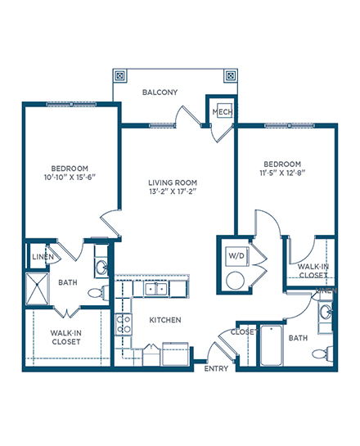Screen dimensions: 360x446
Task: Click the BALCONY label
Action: (160, 92)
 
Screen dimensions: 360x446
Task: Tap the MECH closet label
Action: (223, 112)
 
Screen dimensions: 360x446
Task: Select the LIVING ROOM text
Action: (173, 182)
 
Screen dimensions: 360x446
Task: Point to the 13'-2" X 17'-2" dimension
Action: (173, 191)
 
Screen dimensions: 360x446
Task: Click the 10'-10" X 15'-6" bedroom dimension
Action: (70, 178)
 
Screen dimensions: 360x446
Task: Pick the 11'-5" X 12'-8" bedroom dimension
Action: (282, 173)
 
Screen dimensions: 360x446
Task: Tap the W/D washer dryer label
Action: (236, 255)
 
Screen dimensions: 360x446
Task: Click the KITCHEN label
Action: (165, 320)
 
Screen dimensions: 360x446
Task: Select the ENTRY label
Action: (216, 368)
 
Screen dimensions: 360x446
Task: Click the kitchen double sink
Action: (155, 289)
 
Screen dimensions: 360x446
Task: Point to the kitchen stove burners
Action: (124, 324)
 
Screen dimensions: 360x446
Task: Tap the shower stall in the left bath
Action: (38, 288)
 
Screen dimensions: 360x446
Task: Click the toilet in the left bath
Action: (98, 292)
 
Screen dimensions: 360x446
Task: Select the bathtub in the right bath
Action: (272, 345)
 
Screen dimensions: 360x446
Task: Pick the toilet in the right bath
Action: (322, 354)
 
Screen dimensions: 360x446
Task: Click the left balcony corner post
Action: (120, 76)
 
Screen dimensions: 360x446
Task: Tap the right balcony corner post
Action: (231, 76)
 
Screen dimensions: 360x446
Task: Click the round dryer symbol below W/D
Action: (235, 281)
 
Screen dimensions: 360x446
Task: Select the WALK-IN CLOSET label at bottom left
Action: (66, 337)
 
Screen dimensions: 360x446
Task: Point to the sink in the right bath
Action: (325, 313)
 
